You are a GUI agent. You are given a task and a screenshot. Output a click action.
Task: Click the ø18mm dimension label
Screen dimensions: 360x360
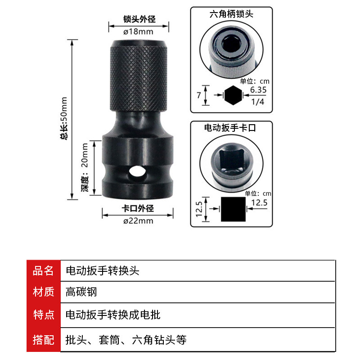point(138,31)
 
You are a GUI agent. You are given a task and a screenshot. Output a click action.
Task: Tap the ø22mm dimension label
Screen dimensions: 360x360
point(138,221)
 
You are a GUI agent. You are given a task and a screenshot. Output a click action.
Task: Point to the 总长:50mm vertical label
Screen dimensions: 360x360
point(64,118)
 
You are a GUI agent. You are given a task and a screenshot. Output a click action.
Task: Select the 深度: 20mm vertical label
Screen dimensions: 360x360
point(85,167)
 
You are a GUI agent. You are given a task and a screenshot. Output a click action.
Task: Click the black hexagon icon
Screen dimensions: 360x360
point(233,95)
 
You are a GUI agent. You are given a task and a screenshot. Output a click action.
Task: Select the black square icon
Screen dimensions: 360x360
point(233,209)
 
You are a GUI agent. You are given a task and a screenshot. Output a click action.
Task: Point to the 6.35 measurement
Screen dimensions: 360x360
point(258,90)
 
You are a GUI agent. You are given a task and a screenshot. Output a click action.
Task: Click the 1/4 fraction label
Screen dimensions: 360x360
point(258,102)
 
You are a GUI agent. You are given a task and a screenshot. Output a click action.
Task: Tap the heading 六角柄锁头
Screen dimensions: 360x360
point(231,14)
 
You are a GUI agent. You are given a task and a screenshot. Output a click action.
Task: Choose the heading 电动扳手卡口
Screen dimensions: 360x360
point(230,128)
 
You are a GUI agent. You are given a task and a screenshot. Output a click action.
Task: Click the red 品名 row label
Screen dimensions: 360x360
point(43,271)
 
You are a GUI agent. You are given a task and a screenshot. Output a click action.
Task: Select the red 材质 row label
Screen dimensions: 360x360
point(43,292)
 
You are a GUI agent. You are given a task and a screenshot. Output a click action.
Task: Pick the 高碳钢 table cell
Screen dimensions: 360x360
point(81,292)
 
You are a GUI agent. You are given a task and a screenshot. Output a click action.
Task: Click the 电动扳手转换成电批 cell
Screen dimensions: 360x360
point(113,315)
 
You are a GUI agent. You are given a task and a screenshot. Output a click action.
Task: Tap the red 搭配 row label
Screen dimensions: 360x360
point(43,340)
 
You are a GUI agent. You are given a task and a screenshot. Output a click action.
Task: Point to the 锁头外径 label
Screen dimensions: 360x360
point(139,19)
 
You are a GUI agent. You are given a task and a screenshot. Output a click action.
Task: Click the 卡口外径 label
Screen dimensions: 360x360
point(138,208)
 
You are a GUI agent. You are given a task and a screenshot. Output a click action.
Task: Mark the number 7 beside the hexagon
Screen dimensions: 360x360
point(199,95)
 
